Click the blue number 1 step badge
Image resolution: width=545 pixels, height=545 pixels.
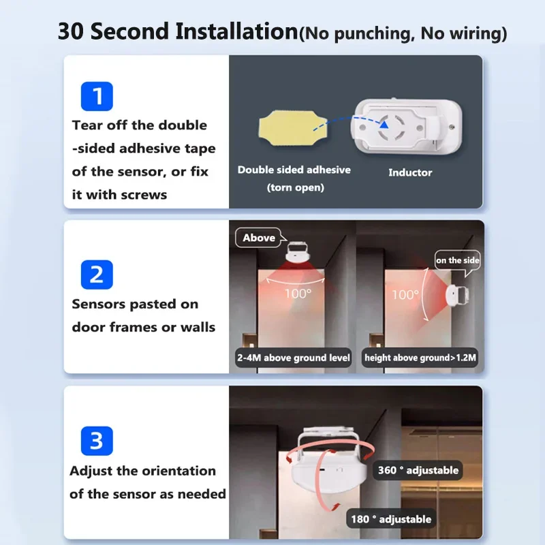(x=96, y=96)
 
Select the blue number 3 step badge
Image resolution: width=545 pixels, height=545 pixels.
(x=96, y=441)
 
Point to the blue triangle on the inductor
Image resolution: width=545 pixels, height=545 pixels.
(x=386, y=124)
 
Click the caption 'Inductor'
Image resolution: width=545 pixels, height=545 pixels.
(x=410, y=172)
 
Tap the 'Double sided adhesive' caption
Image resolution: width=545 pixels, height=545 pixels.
(x=294, y=170)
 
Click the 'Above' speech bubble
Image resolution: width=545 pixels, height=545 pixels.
(x=259, y=238)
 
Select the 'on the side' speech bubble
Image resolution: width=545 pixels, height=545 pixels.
(x=458, y=260)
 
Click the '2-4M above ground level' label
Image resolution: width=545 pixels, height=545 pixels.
(x=294, y=358)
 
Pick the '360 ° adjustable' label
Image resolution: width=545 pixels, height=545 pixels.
(x=418, y=470)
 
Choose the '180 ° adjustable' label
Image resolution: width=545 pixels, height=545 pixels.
(x=391, y=519)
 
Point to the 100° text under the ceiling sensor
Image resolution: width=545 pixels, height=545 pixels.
(x=298, y=294)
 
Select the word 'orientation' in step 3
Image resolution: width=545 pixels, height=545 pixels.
(x=178, y=471)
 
